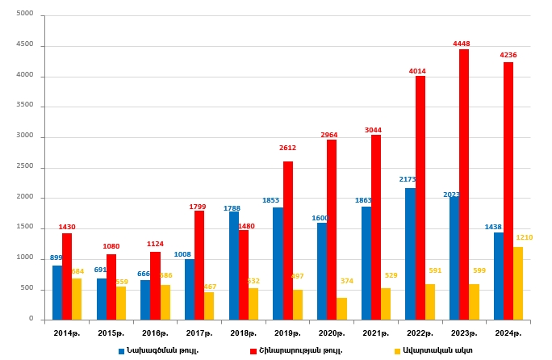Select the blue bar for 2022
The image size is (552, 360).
(410, 253)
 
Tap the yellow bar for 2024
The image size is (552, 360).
(518, 283)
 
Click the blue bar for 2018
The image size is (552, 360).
(234, 266)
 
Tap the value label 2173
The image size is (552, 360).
(408, 179)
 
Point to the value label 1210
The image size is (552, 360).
(525, 237)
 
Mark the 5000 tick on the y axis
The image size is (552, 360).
(25, 15)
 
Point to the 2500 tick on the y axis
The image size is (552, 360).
(25, 166)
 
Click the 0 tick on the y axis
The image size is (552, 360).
(31, 319)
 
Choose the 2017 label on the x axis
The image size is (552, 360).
(199, 333)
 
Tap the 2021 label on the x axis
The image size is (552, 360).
(375, 333)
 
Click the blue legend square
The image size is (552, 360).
(122, 351)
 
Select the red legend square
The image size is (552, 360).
(253, 351)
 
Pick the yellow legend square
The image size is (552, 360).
(396, 351)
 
